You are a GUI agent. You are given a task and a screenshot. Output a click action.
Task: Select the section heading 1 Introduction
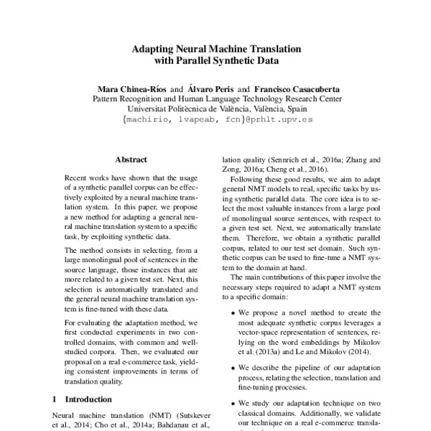click(78, 398)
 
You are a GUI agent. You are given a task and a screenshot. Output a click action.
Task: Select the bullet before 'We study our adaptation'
click(230, 404)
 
